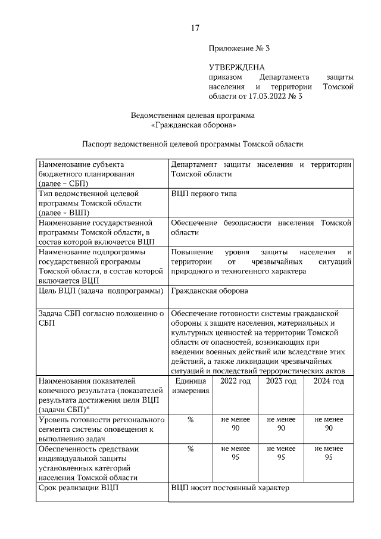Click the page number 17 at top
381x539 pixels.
(x=194, y=28)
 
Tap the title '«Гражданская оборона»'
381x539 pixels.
(x=193, y=125)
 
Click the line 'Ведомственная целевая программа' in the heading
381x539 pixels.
(x=193, y=115)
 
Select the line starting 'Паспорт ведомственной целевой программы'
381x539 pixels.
(x=193, y=144)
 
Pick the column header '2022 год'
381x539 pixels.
(x=236, y=381)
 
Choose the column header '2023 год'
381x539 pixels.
(x=282, y=381)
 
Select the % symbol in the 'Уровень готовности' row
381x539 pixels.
(x=190, y=420)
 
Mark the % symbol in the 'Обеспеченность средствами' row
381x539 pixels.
(x=190, y=449)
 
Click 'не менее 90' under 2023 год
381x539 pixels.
(x=282, y=424)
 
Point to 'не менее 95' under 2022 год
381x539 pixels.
(x=236, y=453)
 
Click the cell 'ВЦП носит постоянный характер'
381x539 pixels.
(x=230, y=488)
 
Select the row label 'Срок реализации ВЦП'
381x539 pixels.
(x=78, y=488)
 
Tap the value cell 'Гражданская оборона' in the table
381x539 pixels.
(x=210, y=291)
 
